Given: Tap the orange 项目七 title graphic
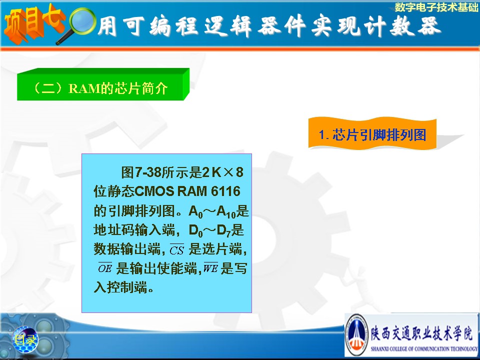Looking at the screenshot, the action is pos(33,24).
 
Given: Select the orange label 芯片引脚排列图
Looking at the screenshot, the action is pos(372,134).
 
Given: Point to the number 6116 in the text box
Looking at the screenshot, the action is pos(225,191).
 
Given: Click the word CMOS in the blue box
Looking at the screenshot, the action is pos(154,191).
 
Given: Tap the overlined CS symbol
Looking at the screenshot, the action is pos(176,249).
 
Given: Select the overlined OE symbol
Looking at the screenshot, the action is pos(105,267).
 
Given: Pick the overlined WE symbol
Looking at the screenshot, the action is pos(210,267).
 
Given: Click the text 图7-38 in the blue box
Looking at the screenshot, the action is pos(141,172).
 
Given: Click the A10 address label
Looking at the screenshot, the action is pos(226,211).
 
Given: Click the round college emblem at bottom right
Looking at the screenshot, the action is pos(356,335).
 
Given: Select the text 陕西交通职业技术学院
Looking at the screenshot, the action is pos(422,333).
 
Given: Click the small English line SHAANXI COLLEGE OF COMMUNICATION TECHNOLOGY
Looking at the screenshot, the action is pos(424,348).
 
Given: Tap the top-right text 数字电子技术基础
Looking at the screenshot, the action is pos(436,6).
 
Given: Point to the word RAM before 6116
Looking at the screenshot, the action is pos(192,191).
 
